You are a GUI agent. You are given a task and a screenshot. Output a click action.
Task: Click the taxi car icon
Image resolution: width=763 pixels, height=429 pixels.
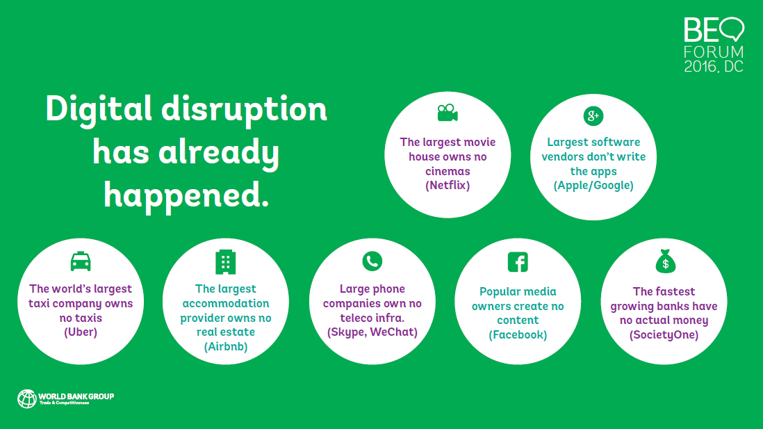point(81,261)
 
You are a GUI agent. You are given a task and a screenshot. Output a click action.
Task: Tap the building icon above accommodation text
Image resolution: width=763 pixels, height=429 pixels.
point(225,262)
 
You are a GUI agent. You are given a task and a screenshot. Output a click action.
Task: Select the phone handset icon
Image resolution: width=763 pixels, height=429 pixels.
point(372,261)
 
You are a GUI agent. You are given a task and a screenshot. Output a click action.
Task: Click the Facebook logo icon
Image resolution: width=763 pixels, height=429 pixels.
point(518,262)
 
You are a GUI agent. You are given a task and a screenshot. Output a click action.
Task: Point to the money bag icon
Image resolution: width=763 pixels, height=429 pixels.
point(665,261)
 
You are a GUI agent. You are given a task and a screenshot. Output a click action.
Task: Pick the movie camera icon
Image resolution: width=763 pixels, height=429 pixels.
point(448,113)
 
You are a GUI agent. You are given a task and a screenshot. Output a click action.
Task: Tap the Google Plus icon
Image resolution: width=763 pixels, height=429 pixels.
point(593,116)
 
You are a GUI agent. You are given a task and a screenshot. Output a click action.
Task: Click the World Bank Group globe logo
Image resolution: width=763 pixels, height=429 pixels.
point(27,399)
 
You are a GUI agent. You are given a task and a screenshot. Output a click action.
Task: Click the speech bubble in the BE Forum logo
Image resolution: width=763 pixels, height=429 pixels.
point(732,29)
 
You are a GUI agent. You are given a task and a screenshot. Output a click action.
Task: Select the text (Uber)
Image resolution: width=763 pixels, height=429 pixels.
point(81,332)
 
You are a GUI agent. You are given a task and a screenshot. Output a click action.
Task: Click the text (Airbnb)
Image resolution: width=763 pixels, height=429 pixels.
point(226,346)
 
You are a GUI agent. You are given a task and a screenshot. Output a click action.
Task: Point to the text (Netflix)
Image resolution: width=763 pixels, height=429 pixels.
point(448,186)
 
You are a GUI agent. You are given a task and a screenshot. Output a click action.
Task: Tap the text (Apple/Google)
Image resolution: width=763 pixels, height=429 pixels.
point(593,186)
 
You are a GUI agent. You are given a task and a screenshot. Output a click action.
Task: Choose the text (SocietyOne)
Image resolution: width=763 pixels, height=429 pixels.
point(664,335)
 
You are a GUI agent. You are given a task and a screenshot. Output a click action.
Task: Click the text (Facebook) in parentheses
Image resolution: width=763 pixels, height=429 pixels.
point(518,335)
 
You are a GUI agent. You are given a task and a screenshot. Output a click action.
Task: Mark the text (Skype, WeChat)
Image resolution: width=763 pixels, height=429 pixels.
point(372,332)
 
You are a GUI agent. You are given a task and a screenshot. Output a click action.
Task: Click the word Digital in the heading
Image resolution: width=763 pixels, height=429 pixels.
point(99,110)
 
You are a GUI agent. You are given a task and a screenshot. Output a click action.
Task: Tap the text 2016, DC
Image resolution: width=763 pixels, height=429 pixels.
point(714,66)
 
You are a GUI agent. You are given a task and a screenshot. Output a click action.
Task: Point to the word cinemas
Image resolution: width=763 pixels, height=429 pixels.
point(448,172)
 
